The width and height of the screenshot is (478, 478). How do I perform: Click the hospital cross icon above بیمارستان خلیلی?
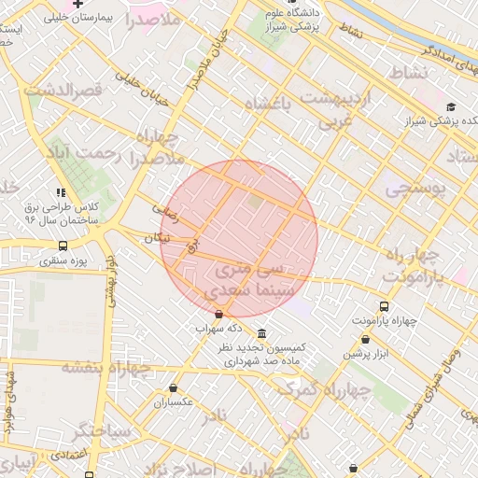103,4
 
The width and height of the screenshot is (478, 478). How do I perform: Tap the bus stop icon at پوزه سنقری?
63,246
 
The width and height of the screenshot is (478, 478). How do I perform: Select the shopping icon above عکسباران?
173,387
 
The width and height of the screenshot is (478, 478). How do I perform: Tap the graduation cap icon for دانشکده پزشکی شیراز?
451,107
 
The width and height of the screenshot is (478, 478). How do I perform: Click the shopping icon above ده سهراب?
218,315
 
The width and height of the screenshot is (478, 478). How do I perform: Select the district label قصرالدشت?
63,90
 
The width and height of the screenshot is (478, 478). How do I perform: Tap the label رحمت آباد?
85,158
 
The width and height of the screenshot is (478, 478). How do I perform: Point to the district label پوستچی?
415,190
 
